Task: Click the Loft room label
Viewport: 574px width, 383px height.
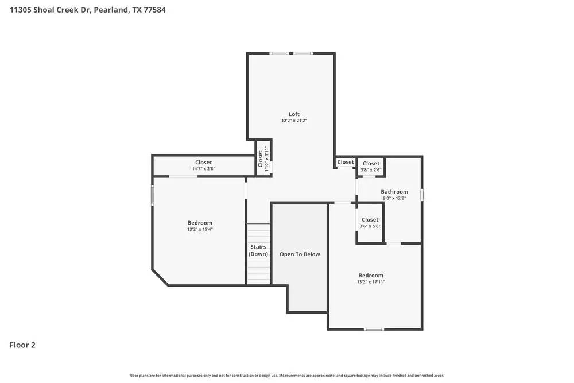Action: click(294, 114)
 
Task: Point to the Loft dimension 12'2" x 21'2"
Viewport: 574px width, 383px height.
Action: click(294, 121)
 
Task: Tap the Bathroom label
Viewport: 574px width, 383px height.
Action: click(394, 192)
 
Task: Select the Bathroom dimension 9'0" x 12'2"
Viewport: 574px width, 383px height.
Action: click(394, 198)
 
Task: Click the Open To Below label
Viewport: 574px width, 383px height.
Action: click(300, 254)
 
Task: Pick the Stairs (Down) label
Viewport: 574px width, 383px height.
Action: click(258, 250)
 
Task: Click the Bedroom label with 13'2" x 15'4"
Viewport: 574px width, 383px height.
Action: click(200, 223)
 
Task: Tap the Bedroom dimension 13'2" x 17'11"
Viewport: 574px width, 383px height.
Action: click(371, 282)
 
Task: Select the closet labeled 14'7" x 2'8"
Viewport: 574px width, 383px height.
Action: click(203, 165)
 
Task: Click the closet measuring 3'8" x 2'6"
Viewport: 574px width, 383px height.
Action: click(371, 167)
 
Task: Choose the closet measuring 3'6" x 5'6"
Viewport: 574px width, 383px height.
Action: click(370, 223)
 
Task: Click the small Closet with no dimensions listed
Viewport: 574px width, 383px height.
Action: click(346, 162)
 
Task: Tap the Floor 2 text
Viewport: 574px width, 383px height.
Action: click(22, 345)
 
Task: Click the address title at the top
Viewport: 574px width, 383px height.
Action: click(88, 10)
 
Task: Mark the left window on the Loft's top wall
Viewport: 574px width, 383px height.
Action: click(280, 53)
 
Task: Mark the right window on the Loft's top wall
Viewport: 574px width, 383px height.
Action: click(303, 53)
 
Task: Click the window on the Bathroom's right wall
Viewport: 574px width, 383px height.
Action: click(422, 195)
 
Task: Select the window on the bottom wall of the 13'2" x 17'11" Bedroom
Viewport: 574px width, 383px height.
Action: click(374, 329)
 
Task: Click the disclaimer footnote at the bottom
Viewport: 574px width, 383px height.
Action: click(287, 376)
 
